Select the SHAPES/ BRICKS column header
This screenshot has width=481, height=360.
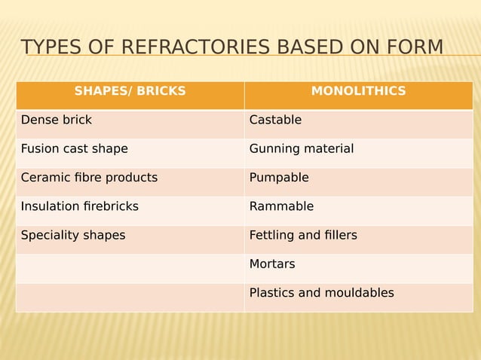(130, 92)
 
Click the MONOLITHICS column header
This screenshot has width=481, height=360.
(358, 92)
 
